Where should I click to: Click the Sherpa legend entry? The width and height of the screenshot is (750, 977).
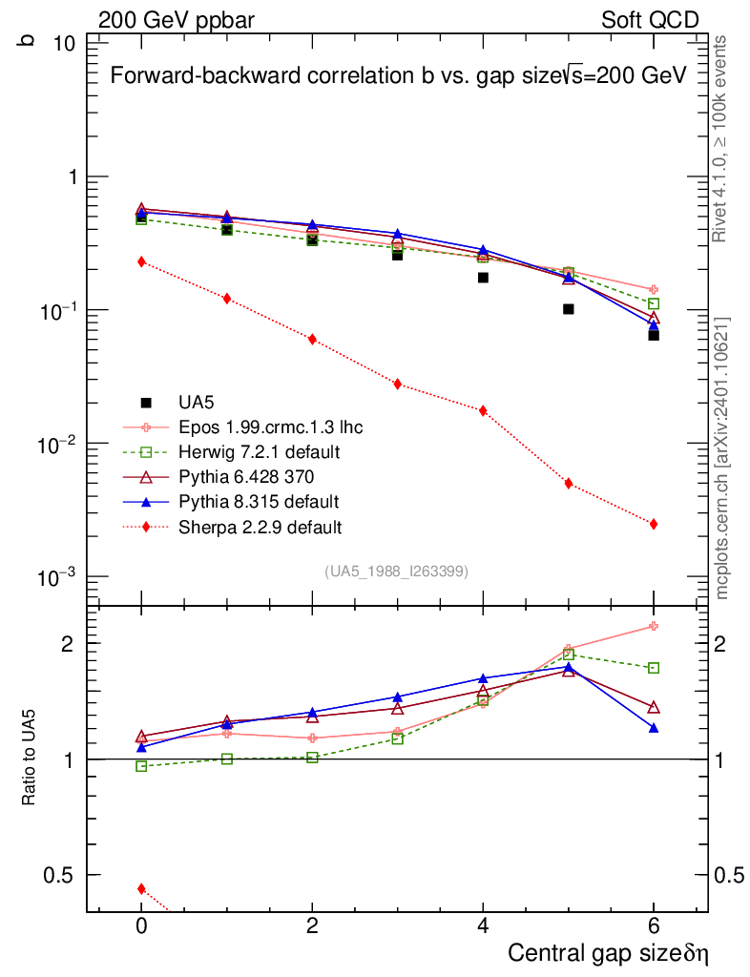coord(233,528)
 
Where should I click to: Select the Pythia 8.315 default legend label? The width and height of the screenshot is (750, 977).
coord(259,502)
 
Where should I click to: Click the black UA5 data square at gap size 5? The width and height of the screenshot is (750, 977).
coord(568,309)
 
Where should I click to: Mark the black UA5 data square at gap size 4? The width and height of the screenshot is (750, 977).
coord(483,278)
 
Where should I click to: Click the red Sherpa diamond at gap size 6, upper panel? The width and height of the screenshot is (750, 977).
coord(654,525)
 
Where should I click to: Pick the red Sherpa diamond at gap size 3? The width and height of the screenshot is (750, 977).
coord(398,385)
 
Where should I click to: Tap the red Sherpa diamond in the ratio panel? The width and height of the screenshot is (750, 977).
coord(141,889)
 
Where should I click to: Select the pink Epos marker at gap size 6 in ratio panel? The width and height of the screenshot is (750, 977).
coord(654,626)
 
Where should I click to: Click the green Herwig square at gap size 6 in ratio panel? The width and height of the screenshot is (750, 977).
coord(654,668)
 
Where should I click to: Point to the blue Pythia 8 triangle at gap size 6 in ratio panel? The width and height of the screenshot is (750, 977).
coord(654,728)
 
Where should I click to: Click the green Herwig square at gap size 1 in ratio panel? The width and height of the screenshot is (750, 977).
coord(227,759)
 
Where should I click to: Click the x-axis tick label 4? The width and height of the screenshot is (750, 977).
coord(483,925)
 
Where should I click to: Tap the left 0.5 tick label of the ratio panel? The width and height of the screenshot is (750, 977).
coord(58,876)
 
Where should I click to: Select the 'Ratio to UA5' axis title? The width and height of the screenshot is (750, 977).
coord(29,758)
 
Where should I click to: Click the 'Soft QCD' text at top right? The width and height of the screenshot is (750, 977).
coord(650,20)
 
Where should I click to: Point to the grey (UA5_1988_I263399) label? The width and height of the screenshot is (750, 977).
coord(396,572)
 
